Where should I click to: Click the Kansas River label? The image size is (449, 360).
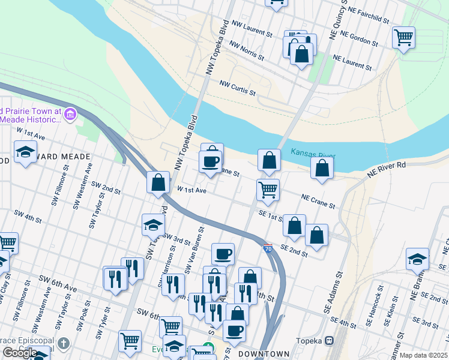click(x=312, y=153)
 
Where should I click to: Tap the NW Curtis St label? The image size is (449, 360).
click(x=238, y=88)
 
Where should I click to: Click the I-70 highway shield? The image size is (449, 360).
click(x=268, y=247)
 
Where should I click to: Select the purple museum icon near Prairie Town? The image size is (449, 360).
click(x=70, y=114)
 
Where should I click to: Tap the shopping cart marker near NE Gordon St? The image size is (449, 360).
click(x=404, y=38)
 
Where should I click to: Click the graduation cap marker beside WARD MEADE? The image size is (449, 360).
click(x=26, y=152)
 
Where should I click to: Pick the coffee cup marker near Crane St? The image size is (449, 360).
click(x=211, y=161)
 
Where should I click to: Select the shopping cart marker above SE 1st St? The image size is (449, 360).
click(x=268, y=190)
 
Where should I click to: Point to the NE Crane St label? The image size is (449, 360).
click(x=318, y=201)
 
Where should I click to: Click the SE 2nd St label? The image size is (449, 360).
click(x=294, y=251)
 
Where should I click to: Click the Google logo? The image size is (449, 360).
click(x=20, y=353)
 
